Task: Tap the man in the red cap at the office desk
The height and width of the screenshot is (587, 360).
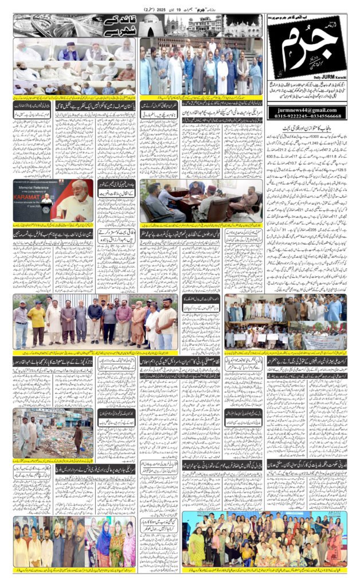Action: click(213, 198)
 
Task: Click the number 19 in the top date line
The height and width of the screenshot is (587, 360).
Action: click(179, 10)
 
